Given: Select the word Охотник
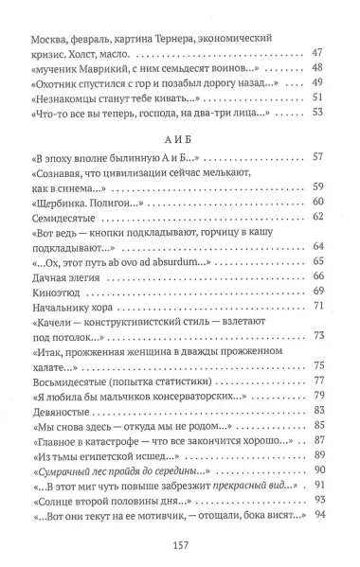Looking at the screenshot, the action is click(x=60, y=81).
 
